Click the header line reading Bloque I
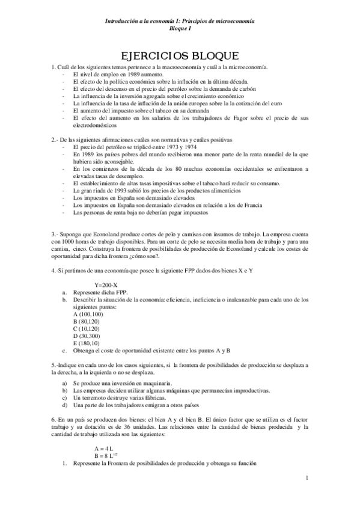coord(180,28)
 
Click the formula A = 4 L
coord(104,448)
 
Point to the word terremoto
coord(94,398)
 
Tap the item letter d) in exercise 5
coord(65,405)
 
